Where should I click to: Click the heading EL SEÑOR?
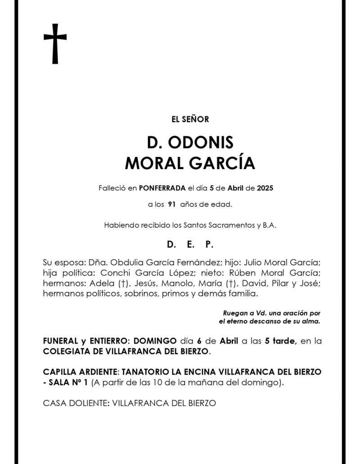190,120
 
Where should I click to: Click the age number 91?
171,205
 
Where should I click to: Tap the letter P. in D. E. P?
208,245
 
